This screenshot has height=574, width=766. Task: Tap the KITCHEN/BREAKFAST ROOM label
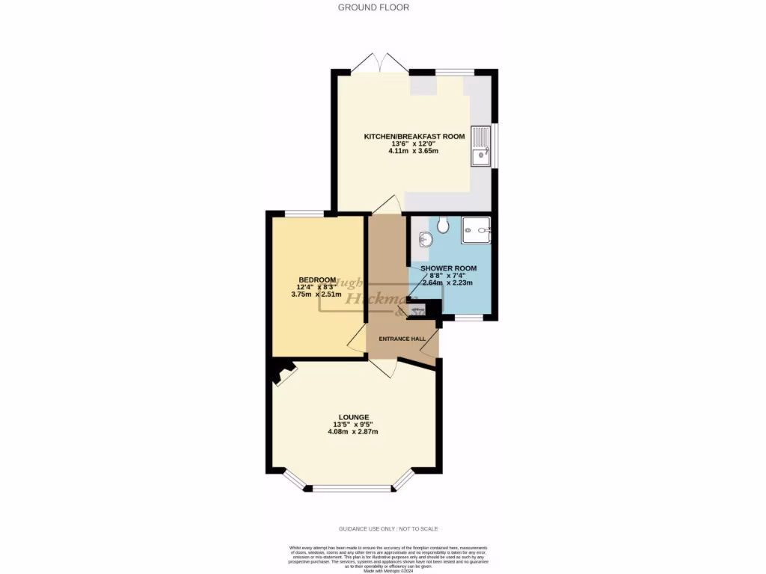(414, 137)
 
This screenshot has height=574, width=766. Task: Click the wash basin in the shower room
(425, 239)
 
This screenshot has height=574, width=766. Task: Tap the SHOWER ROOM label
(448, 268)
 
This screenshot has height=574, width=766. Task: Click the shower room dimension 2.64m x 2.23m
(448, 283)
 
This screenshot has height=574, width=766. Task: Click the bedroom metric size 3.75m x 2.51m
(316, 294)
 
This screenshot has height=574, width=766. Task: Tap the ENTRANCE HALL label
(402, 339)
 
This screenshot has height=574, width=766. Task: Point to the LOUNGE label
(354, 417)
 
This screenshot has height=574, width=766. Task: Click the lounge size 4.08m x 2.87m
(354, 432)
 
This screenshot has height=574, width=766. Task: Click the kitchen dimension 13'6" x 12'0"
(414, 143)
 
